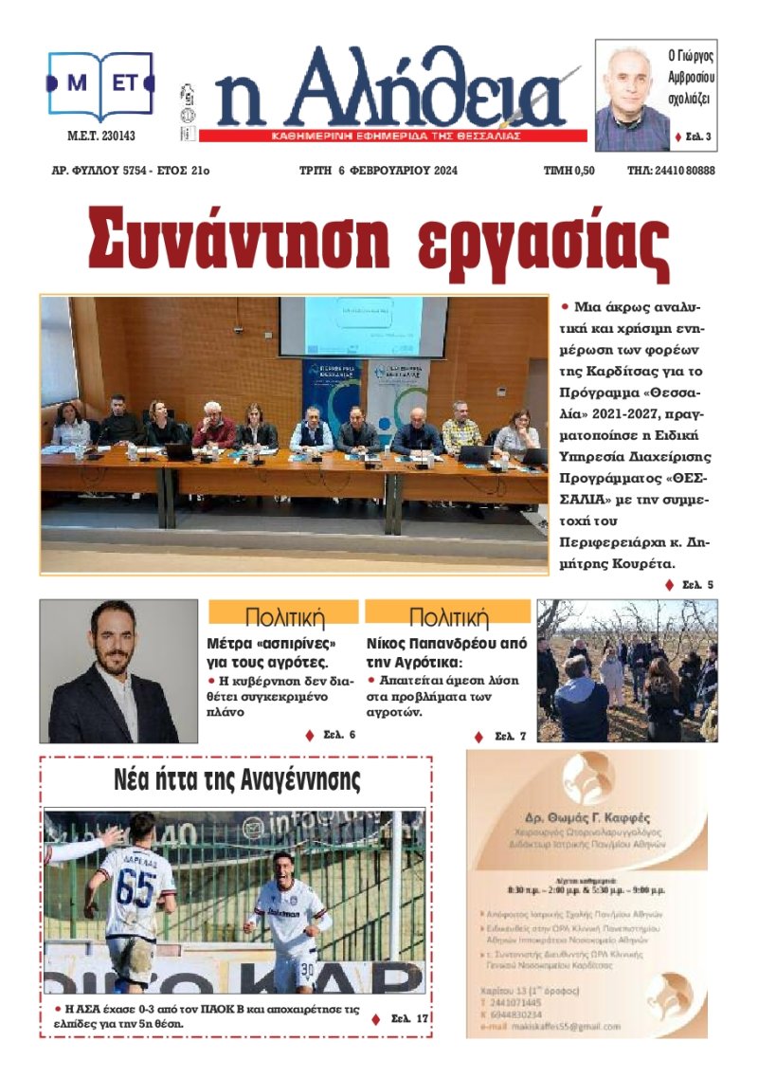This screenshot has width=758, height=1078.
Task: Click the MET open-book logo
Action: tap(100, 85)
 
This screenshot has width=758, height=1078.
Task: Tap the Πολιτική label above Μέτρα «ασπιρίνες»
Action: tap(283, 617)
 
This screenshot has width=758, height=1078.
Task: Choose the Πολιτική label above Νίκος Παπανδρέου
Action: tap(447, 617)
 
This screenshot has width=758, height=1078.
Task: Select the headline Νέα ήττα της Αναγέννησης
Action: tap(237, 781)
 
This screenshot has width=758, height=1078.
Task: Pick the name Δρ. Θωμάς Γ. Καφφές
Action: tap(587, 818)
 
